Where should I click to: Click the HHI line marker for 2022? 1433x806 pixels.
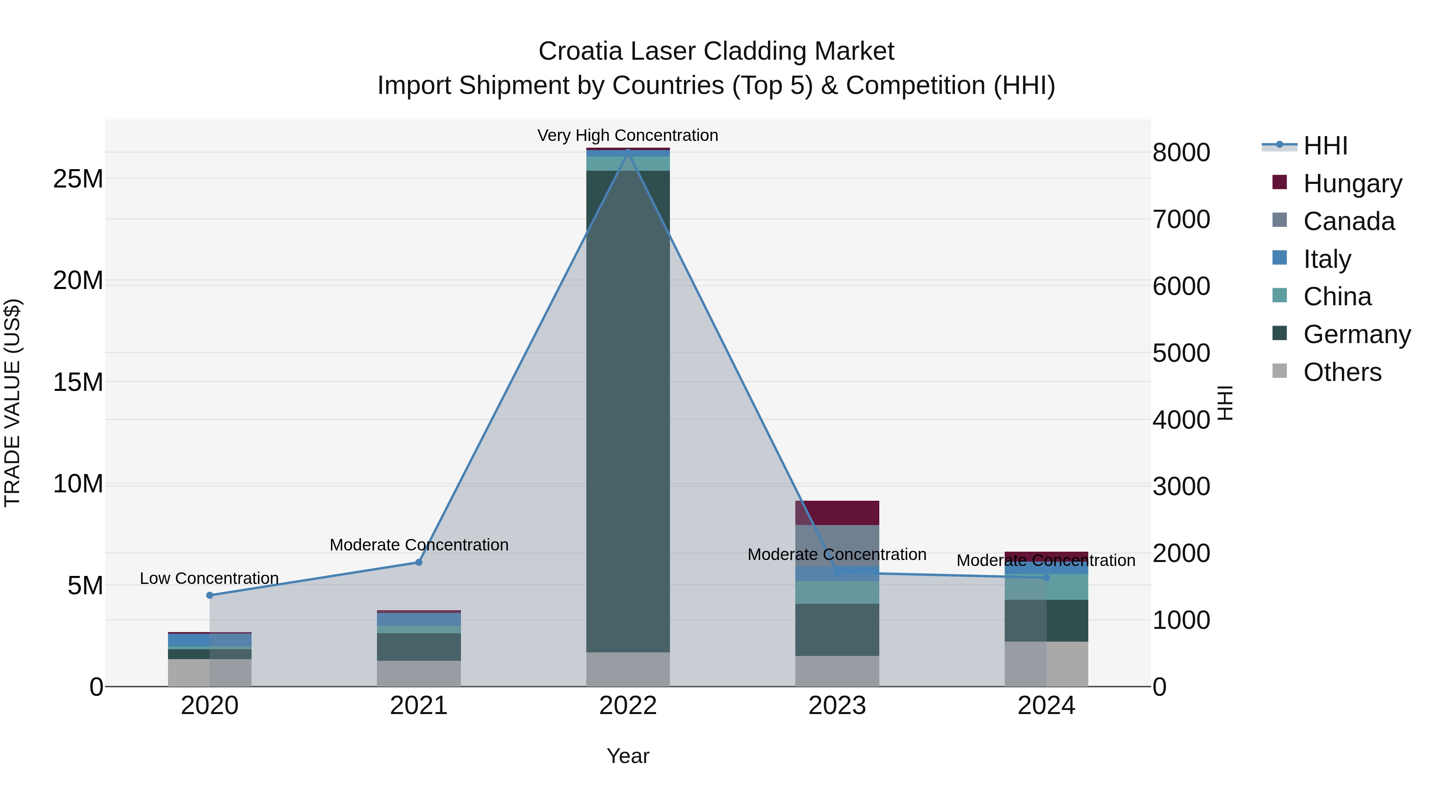(628, 152)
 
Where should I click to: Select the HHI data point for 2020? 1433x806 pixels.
(210, 595)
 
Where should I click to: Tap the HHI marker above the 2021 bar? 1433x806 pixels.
(419, 562)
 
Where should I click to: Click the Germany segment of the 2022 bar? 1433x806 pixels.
(628, 412)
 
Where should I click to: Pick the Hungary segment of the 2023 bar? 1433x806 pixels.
(837, 512)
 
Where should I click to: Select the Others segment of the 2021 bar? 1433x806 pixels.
(419, 673)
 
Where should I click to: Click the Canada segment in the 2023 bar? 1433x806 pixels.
(837, 545)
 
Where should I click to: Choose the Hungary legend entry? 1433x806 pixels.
(1352, 183)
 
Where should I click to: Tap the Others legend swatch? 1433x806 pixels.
(1279, 371)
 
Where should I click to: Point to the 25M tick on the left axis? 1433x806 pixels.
(78, 179)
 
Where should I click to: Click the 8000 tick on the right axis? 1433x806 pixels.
(1181, 152)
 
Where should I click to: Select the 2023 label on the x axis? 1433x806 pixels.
(837, 706)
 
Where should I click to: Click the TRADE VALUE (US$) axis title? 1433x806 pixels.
(12, 403)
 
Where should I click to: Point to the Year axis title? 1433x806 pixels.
(628, 756)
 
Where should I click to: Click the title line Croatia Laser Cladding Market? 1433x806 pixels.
(716, 51)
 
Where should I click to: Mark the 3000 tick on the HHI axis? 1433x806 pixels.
(1181, 487)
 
